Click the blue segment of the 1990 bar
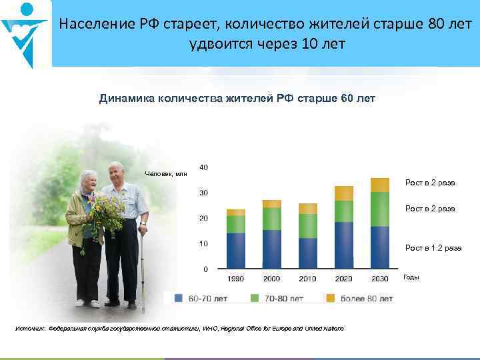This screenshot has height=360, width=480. [x=236, y=251]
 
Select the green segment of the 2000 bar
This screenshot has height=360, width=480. [x=272, y=219]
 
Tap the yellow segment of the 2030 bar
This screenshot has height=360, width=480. [x=379, y=185]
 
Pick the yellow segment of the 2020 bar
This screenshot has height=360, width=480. [x=343, y=193]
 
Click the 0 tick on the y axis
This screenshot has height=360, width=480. [x=205, y=269]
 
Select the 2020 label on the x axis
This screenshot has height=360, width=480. [x=343, y=278]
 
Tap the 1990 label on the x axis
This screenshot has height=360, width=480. [x=236, y=278]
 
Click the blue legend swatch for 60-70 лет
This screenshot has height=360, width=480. [x=179, y=298]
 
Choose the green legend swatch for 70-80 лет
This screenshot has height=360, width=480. [x=254, y=298]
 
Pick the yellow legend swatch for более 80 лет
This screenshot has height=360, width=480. [x=329, y=298]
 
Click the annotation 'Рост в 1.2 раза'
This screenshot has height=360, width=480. [x=433, y=248]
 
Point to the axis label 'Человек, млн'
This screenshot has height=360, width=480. [x=166, y=174]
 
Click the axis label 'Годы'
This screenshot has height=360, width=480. [x=411, y=277]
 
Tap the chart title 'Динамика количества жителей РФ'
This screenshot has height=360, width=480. [x=237, y=99]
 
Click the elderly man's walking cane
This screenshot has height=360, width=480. [x=141, y=267]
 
